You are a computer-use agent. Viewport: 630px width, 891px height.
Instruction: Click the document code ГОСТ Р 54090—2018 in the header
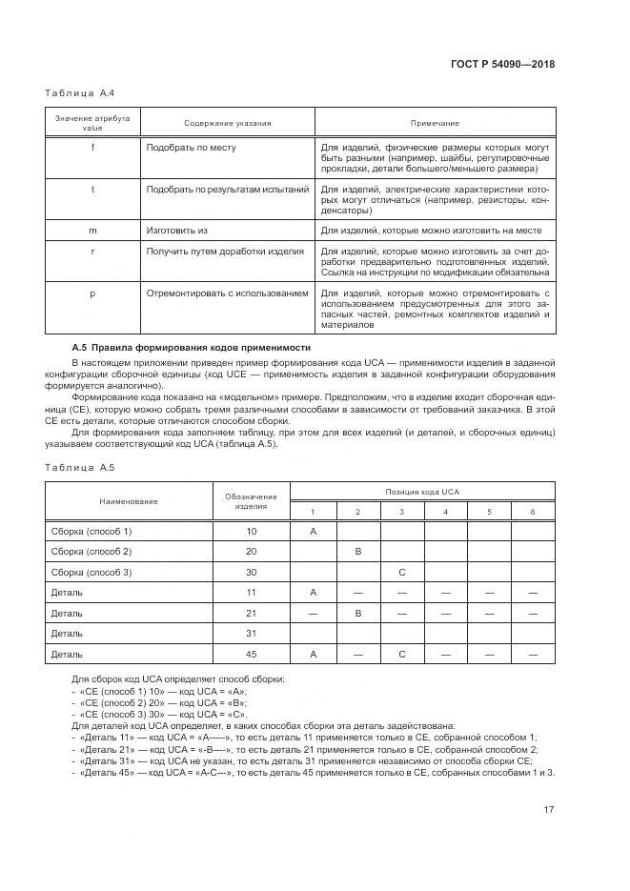(x=504, y=65)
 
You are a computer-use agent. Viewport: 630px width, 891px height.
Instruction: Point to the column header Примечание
(x=435, y=123)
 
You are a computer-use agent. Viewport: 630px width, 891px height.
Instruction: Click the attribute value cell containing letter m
(x=92, y=231)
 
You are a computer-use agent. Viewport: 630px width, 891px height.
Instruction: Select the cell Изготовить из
(x=177, y=231)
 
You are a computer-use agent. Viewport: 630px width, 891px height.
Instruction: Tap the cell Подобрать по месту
(x=192, y=148)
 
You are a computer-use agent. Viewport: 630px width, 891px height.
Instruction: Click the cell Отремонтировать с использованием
(x=227, y=294)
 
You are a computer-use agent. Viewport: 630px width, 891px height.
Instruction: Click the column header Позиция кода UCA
(x=422, y=492)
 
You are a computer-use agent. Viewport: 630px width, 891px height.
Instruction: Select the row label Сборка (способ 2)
(x=91, y=552)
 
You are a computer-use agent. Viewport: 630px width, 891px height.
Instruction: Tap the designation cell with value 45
(x=252, y=655)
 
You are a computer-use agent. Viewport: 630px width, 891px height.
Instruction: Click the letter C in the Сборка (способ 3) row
(x=402, y=573)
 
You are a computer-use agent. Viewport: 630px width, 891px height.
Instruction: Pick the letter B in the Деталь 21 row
(x=357, y=614)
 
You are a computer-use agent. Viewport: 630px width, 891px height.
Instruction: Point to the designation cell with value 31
(x=252, y=634)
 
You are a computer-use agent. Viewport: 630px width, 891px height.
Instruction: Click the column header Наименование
(x=129, y=501)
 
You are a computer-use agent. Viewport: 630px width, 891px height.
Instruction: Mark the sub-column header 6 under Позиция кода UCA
(x=533, y=512)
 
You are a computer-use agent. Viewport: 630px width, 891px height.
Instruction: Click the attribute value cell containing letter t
(x=92, y=190)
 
